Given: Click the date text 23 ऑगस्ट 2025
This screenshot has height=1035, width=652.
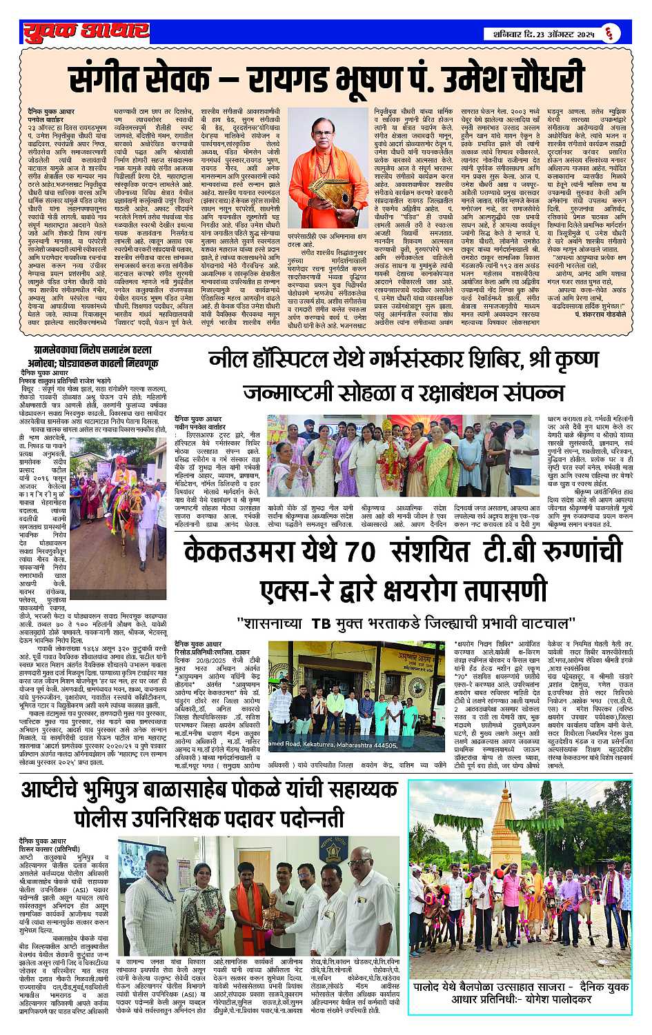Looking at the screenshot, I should tap(560, 32).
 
